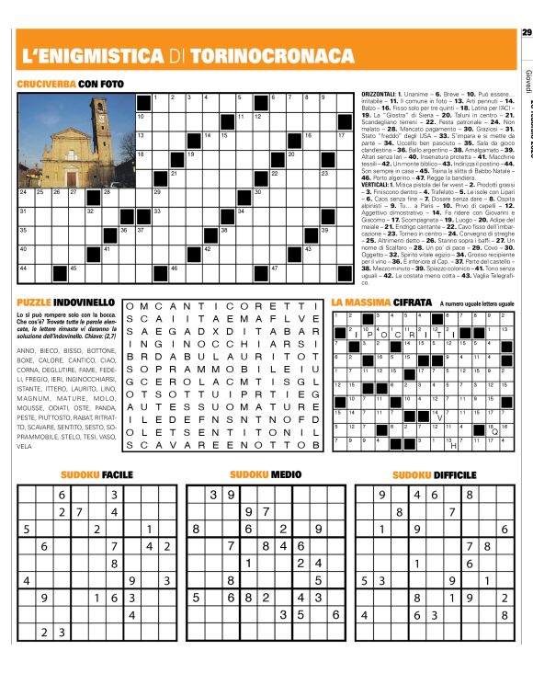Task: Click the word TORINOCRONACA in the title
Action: click(x=272, y=56)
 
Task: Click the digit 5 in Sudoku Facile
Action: click(x=26, y=529)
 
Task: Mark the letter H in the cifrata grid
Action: click(x=453, y=447)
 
